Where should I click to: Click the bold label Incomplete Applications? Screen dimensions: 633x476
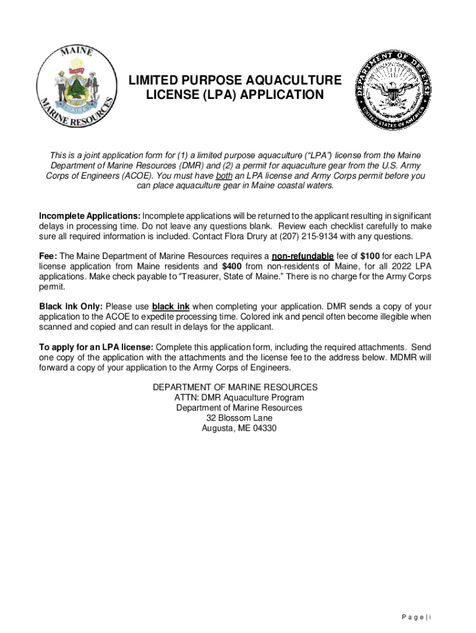90,216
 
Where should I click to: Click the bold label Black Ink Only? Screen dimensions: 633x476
71,307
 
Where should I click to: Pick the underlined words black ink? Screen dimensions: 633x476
171,307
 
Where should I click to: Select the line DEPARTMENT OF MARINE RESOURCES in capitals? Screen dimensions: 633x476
236,387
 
